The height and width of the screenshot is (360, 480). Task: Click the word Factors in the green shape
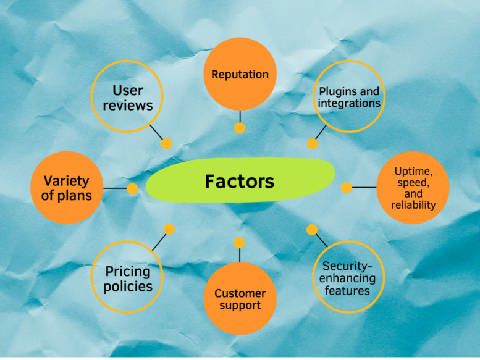click(x=240, y=182)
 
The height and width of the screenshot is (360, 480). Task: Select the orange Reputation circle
click(x=240, y=74)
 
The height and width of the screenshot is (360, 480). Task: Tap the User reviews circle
click(x=127, y=97)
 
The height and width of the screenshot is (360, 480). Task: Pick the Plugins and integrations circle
click(x=349, y=96)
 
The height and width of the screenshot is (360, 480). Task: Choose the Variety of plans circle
click(x=66, y=188)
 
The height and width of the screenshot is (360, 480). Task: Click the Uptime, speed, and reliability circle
click(x=412, y=188)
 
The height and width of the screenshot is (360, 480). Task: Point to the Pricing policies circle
click(x=128, y=279)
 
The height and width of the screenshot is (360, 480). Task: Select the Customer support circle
click(x=240, y=299)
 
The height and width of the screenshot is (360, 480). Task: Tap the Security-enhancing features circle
click(x=349, y=277)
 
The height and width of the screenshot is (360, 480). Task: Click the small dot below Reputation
click(x=240, y=128)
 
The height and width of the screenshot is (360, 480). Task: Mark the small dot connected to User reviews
click(x=167, y=144)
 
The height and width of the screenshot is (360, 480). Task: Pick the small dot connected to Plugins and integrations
click(x=313, y=144)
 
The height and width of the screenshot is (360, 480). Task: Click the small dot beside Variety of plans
click(x=132, y=188)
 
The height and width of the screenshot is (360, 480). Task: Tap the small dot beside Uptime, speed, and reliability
click(x=347, y=187)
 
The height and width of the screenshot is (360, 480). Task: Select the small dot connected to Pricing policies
click(x=169, y=229)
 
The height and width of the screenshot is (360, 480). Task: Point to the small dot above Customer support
click(x=240, y=242)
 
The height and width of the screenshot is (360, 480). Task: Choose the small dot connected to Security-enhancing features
click(x=312, y=230)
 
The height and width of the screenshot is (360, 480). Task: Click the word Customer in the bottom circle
click(x=240, y=293)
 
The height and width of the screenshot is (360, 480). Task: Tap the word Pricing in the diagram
click(x=128, y=272)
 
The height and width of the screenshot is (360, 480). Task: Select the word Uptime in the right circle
click(x=412, y=171)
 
